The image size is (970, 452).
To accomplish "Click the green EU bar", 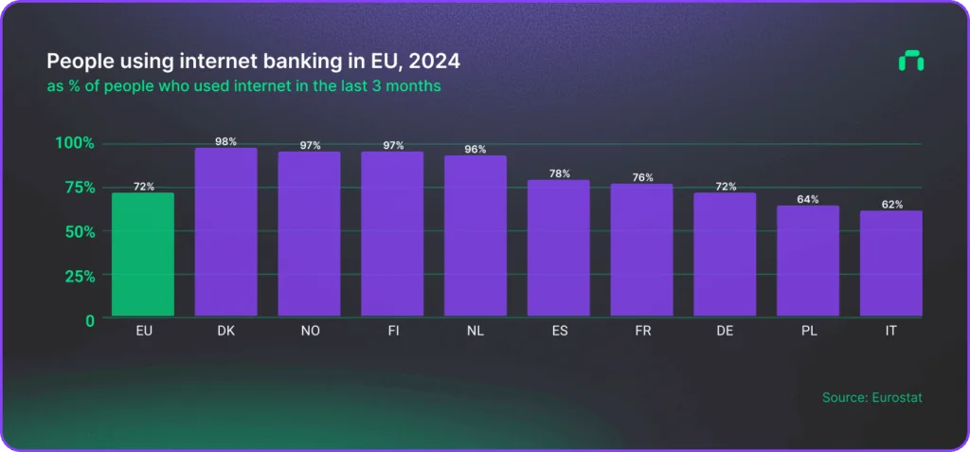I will (143, 254).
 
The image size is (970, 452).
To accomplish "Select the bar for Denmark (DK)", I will (226, 232).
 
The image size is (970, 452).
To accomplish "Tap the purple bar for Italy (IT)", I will (891, 263).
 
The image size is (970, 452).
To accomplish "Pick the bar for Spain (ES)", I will (559, 248).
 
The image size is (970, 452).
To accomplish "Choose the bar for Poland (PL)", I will (808, 261).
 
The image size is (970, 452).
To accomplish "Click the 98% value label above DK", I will (226, 142).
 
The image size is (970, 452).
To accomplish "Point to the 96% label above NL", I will (476, 150).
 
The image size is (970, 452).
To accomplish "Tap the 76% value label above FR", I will (642, 177).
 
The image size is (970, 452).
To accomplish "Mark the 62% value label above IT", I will (891, 204).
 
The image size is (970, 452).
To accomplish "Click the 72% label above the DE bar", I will (725, 187).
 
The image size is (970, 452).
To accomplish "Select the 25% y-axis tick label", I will (76, 276).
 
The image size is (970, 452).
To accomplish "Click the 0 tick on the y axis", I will (89, 320).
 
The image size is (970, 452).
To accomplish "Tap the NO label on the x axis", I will (310, 333).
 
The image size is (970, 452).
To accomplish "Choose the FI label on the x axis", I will (392, 333).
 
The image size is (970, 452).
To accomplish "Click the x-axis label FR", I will (642, 333).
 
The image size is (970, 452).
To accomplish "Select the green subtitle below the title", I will (243, 86).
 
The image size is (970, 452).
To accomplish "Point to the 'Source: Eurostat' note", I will (871, 397).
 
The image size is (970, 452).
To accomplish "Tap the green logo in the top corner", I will (910, 62).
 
